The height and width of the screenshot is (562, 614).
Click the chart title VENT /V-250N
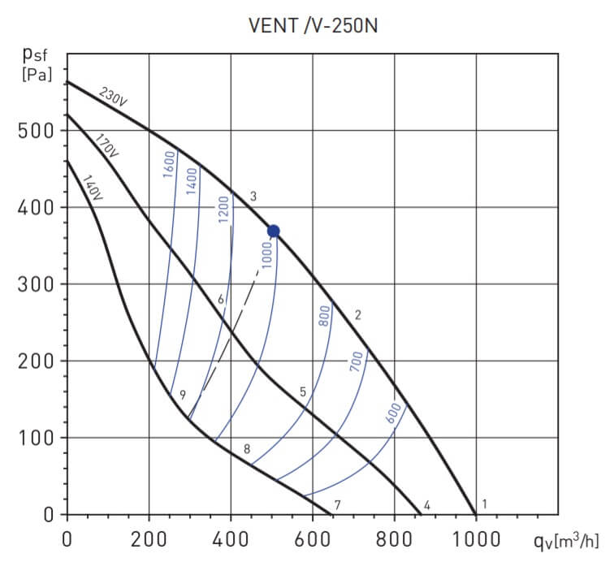coord(313,25)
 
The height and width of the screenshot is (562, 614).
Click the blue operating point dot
coord(274,231)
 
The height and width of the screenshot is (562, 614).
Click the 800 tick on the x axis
coord(395,538)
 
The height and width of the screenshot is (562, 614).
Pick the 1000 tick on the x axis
coord(476,538)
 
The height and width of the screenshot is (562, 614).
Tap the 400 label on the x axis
coord(231,538)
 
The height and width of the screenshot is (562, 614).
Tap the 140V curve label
coord(93,188)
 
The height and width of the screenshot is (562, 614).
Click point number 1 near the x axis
coord(485,504)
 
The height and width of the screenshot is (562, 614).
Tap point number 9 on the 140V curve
coord(183,395)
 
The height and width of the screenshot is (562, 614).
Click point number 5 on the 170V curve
coord(303,392)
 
